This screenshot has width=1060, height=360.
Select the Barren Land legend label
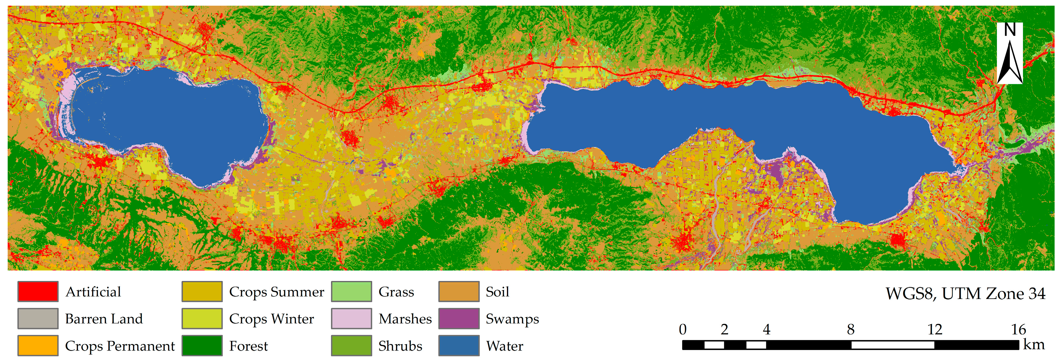(x=104, y=319)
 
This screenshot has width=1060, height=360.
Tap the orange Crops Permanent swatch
(x=38, y=346)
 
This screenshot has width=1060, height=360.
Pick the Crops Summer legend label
(x=276, y=292)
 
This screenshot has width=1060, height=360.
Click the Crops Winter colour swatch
(x=202, y=319)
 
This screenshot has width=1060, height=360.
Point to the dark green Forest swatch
(x=202, y=346)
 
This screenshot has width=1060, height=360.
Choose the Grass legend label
(x=396, y=292)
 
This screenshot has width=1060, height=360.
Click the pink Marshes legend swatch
(x=351, y=319)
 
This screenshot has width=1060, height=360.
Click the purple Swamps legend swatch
(x=459, y=319)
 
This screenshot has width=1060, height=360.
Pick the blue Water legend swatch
(x=459, y=346)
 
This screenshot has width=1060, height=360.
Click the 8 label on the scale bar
(x=850, y=329)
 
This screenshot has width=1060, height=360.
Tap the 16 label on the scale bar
(x=1018, y=329)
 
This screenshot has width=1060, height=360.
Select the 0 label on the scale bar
(x=683, y=329)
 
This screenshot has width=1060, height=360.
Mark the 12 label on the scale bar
(x=935, y=329)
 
